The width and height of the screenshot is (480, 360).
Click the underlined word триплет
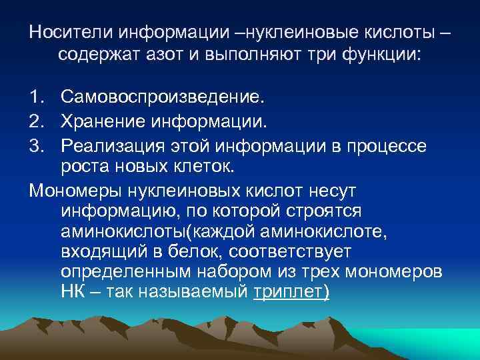(291, 294)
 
